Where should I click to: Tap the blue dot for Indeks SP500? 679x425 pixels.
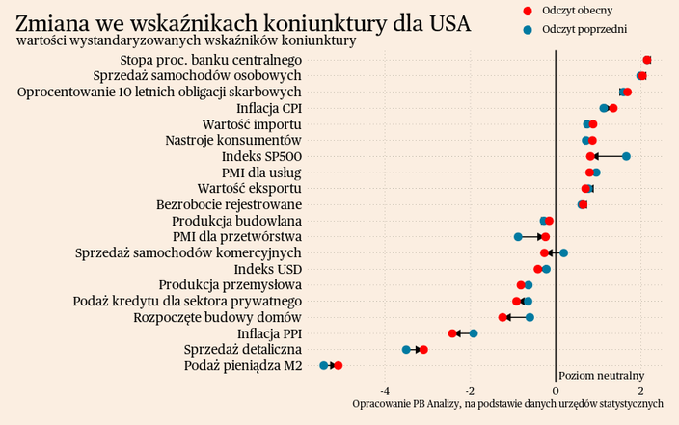pos(626,156)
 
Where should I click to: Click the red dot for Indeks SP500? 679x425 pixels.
pos(590,156)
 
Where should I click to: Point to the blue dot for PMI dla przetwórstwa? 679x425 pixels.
pos(518,236)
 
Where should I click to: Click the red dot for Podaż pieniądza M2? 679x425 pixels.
pos(338,366)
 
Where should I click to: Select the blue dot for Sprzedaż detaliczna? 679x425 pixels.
pos(406,349)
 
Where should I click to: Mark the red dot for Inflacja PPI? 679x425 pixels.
pos(452,333)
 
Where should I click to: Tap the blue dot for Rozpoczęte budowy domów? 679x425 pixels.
pos(530,317)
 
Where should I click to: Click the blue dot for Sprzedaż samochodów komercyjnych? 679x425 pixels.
pos(563,252)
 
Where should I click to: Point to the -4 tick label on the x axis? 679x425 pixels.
pos(385,390)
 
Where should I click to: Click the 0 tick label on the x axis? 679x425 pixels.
pos(557,390)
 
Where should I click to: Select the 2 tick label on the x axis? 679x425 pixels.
pos(641,390)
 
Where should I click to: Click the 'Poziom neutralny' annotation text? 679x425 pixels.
pos(601,375)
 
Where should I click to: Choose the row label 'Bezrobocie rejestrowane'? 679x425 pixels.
pos(229,204)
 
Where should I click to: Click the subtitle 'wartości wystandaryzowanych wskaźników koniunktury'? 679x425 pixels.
pos(186,41)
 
